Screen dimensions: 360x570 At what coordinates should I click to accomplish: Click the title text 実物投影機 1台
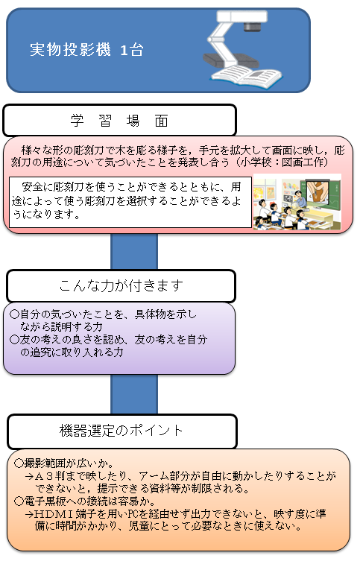[x=86, y=50]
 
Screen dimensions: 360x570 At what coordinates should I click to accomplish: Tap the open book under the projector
[x=247, y=76]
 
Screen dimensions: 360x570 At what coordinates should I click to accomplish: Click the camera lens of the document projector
[x=252, y=26]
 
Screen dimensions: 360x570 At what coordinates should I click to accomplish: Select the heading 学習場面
[x=119, y=121]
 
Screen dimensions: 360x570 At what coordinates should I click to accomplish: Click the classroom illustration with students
[x=297, y=202]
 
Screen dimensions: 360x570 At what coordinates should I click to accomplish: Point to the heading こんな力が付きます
[x=121, y=285]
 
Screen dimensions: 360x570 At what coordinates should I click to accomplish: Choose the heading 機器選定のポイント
[x=121, y=431]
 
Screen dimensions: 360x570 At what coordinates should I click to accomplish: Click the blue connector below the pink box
[x=134, y=251]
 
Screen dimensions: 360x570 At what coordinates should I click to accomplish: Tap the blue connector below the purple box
[x=134, y=394]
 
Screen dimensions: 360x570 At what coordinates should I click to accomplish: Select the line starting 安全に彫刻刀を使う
[x=132, y=187]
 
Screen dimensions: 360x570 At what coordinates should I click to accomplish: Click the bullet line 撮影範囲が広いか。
[x=64, y=463]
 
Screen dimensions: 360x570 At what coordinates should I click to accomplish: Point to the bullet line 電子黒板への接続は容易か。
[x=85, y=501]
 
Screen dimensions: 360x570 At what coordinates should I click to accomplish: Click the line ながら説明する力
[x=61, y=327]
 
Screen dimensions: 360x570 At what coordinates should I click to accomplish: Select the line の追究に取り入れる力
[x=72, y=352]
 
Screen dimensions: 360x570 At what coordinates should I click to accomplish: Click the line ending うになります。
[x=46, y=215]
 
